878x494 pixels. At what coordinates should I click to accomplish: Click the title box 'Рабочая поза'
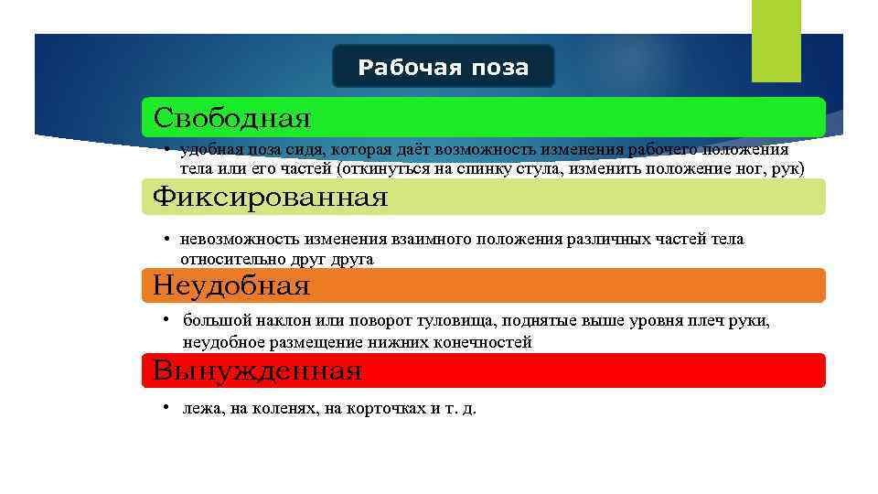[443, 67]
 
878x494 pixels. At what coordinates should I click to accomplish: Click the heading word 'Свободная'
[232, 118]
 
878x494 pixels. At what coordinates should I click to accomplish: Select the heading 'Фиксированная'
[270, 197]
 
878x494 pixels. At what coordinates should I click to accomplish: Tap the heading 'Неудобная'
[231, 286]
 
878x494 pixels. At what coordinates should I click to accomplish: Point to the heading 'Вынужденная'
[257, 371]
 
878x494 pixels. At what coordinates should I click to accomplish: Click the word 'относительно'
[228, 260]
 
